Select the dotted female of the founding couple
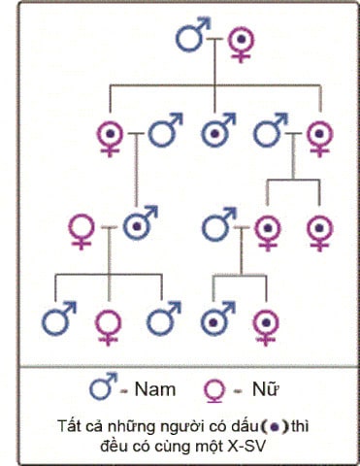pos(240,41)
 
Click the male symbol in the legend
pos(101,388)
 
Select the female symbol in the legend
pos(215,390)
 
